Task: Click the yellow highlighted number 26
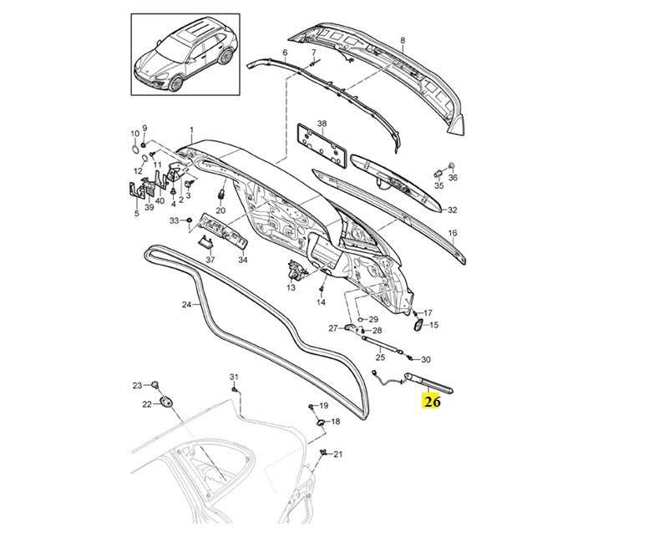pyautogui.click(x=431, y=402)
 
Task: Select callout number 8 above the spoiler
pyautogui.click(x=403, y=40)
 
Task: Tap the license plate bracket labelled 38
pyautogui.click(x=322, y=144)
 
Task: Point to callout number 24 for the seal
pyautogui.click(x=186, y=305)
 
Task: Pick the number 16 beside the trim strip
pyautogui.click(x=453, y=233)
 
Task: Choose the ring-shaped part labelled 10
pyautogui.click(x=135, y=149)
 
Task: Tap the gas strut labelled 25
pyautogui.click(x=383, y=344)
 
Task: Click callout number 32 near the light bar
pyautogui.click(x=453, y=210)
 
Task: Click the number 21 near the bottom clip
pyautogui.click(x=338, y=454)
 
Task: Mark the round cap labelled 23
pyautogui.click(x=155, y=384)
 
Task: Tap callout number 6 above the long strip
pyautogui.click(x=285, y=53)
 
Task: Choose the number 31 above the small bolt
pyautogui.click(x=234, y=377)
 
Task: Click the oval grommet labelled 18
pyautogui.click(x=321, y=423)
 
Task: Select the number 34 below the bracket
pyautogui.click(x=242, y=260)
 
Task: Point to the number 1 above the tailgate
pyautogui.click(x=191, y=130)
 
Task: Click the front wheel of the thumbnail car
pyautogui.click(x=175, y=84)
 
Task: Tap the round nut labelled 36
pyautogui.click(x=452, y=166)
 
